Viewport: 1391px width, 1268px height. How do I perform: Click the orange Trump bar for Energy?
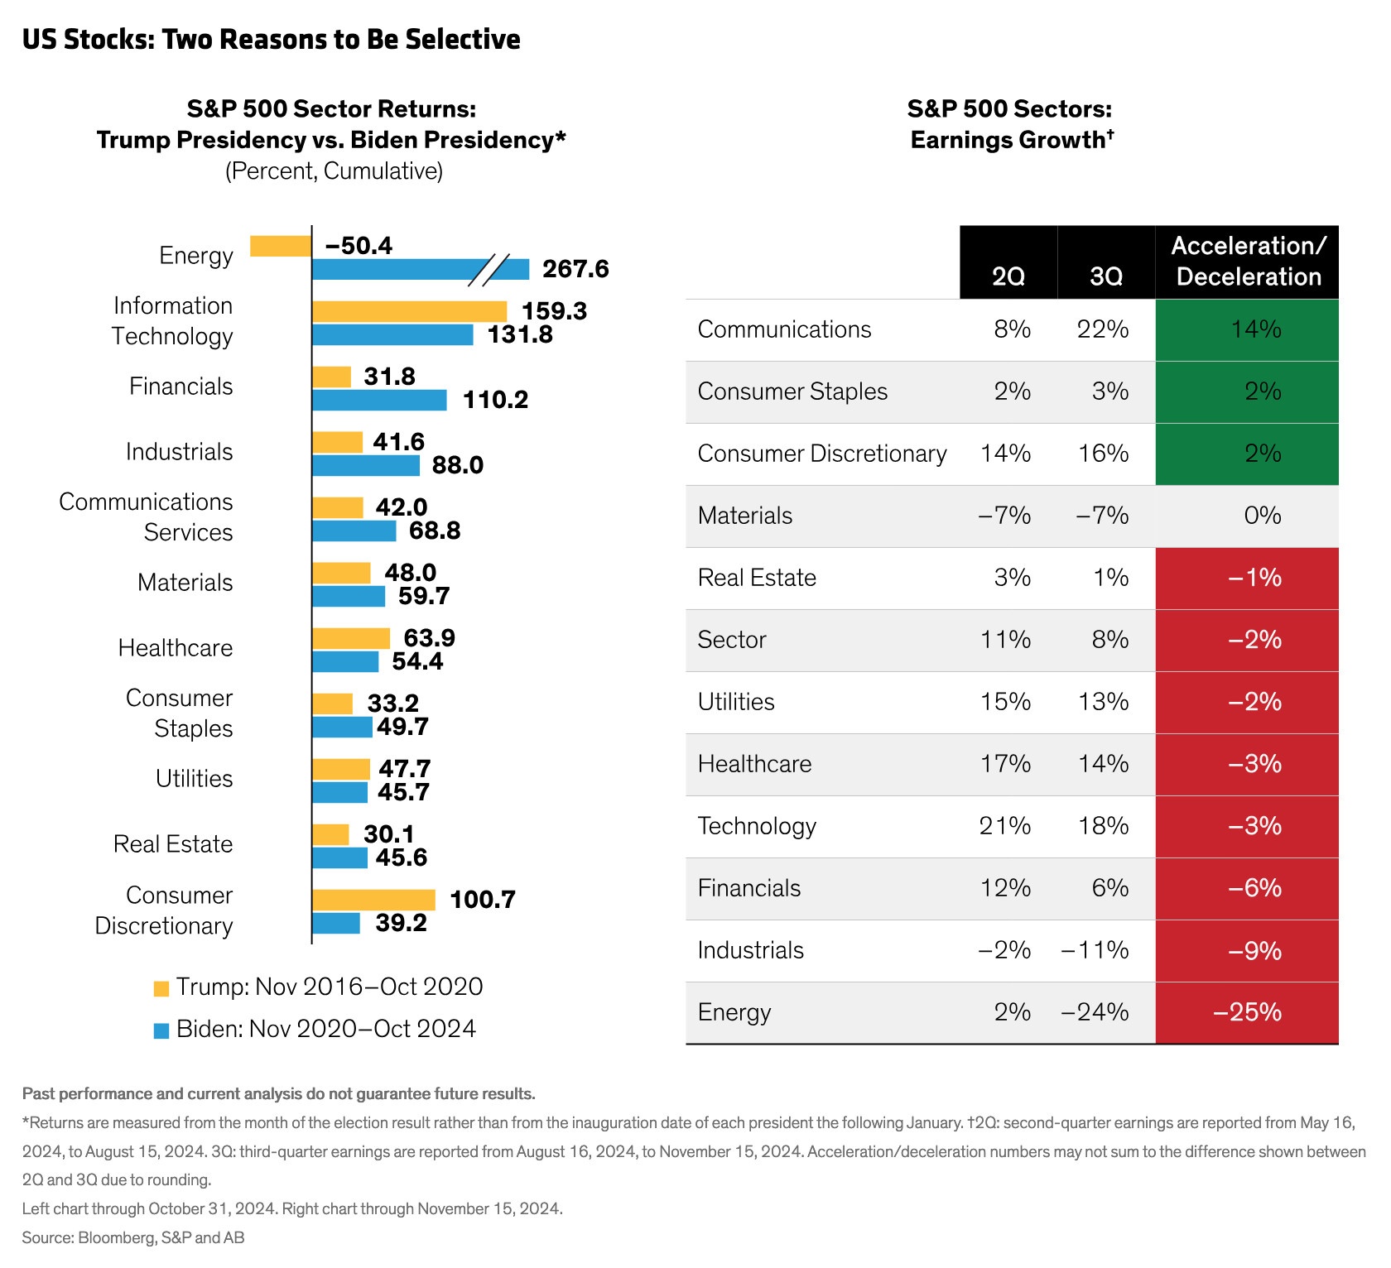[281, 246]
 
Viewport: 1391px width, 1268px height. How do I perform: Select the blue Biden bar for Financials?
[379, 401]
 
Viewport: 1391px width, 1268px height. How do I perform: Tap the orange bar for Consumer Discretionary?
[373, 900]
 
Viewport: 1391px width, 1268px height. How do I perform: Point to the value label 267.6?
[575, 269]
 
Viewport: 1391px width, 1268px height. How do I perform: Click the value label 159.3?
[554, 311]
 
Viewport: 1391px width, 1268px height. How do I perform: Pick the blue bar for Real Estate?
[339, 857]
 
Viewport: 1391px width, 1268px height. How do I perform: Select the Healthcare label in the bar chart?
[176, 648]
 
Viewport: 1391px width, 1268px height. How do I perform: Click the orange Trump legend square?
[161, 988]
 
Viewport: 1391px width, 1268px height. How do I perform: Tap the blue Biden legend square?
[161, 1030]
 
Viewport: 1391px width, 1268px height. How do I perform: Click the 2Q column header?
[1008, 276]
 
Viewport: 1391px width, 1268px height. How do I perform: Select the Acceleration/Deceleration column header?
[1248, 262]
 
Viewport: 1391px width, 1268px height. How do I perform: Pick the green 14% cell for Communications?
[1247, 330]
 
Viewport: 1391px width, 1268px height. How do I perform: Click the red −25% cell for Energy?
[1247, 1013]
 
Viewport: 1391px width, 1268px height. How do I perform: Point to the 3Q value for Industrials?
[1095, 950]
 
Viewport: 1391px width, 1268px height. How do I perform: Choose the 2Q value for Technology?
[1005, 826]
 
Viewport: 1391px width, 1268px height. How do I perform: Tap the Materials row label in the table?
[745, 516]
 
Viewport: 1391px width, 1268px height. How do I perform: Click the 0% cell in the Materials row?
[1262, 516]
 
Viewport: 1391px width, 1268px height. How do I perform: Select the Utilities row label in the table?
[736, 702]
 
